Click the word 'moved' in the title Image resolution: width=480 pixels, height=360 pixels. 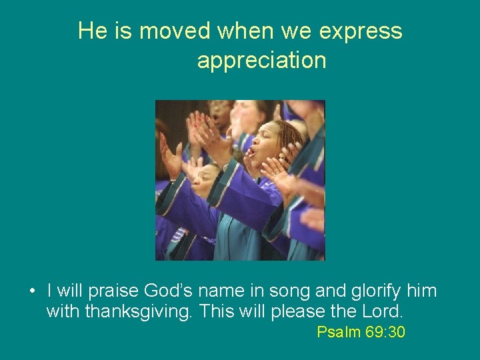[175, 31]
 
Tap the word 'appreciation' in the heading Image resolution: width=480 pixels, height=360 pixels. [261, 61]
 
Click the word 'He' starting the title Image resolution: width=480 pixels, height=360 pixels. [91, 31]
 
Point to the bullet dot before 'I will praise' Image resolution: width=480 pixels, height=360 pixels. [32, 292]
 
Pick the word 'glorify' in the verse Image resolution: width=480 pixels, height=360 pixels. [378, 291]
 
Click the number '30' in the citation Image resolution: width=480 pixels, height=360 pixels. [396, 332]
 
